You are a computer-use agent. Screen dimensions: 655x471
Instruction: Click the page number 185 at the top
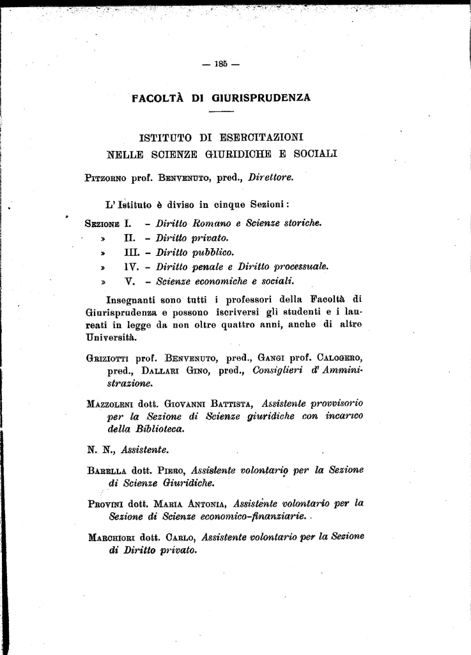pos(221,63)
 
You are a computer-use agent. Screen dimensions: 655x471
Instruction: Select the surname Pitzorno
pos(105,178)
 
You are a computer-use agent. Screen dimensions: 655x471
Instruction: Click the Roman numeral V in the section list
pos(128,280)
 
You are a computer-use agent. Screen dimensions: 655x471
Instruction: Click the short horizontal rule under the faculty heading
pos(222,112)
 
